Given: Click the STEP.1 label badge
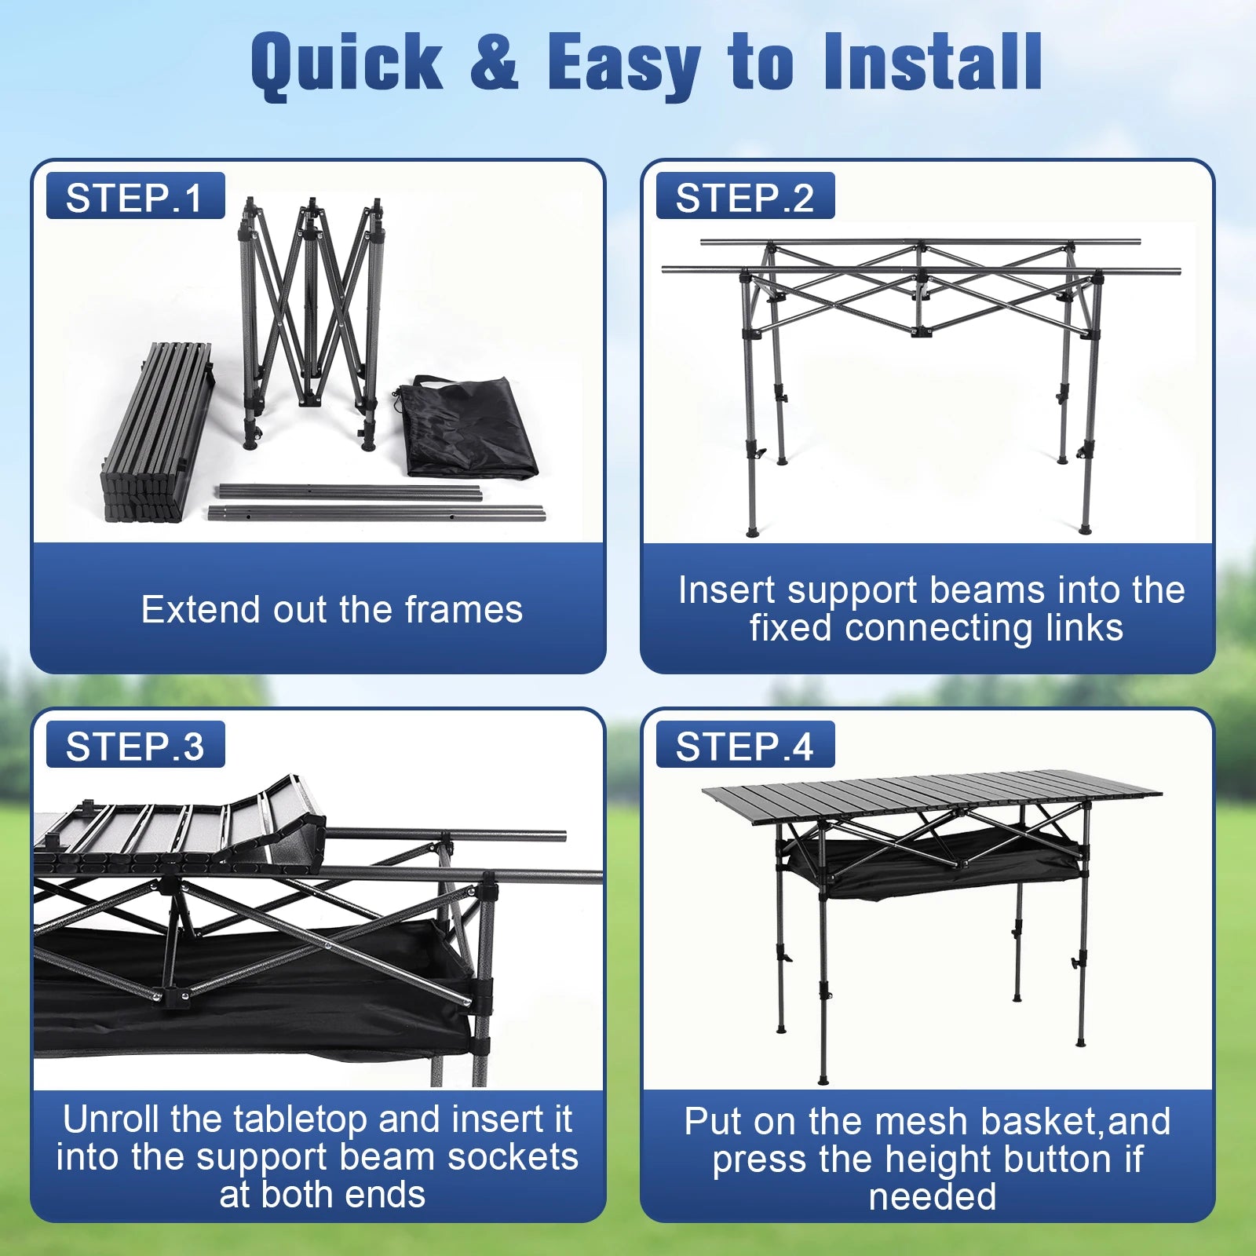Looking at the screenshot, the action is [136, 195].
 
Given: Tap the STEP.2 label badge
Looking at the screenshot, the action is [745, 195].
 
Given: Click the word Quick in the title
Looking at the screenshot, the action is [347, 64].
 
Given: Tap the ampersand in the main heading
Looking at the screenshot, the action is [495, 60].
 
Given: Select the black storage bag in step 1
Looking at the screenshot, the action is [466, 426].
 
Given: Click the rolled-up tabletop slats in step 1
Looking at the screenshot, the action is [158, 432].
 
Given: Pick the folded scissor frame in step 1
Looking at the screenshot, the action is [312, 322].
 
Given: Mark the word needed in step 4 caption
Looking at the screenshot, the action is [933, 1197].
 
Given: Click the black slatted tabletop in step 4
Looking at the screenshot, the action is [932, 796].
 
